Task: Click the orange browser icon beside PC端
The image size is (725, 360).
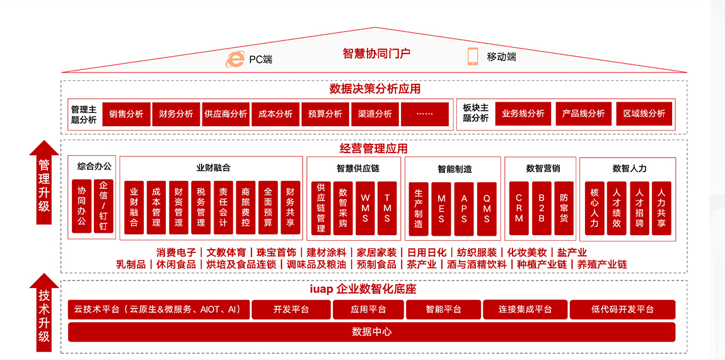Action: click(235, 59)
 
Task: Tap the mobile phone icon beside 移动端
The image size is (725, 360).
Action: click(473, 56)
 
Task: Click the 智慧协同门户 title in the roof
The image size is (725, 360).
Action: click(376, 54)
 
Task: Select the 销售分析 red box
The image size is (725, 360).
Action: click(126, 114)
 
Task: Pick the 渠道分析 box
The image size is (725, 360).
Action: click(374, 114)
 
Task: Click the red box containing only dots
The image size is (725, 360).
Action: click(424, 114)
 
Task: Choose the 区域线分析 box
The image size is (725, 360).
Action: click(644, 113)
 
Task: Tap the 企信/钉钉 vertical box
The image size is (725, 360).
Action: click(103, 206)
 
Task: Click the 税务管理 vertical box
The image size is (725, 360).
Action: click(200, 207)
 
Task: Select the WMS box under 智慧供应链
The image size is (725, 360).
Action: click(365, 208)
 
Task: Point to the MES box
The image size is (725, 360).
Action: click(441, 209)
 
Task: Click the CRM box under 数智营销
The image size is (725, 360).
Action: click(519, 209)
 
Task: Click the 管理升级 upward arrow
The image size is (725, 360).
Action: click(44, 182)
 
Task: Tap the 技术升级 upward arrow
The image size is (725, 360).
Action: click(44, 313)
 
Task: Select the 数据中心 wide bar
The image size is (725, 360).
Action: click(372, 332)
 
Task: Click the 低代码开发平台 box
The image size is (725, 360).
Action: click(622, 310)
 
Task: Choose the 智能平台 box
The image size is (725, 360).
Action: click(443, 310)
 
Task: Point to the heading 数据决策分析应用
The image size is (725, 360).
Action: click(375, 88)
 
